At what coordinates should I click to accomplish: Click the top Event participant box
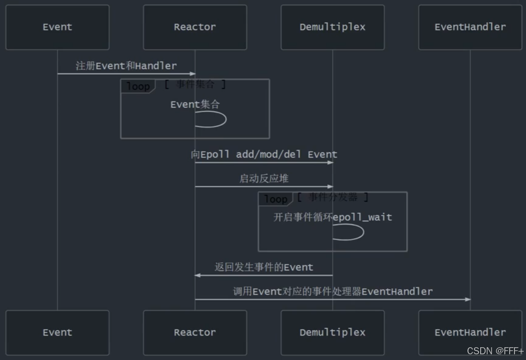[57, 27]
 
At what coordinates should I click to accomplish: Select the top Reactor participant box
[195, 27]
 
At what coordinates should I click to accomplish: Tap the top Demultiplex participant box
[332, 27]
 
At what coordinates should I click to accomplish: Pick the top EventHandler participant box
[470, 27]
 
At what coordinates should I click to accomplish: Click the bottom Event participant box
[57, 333]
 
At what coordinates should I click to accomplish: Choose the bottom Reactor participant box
[195, 333]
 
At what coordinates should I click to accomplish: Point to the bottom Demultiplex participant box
[332, 333]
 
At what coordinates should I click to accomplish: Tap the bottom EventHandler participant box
[470, 333]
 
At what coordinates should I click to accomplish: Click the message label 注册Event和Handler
[126, 66]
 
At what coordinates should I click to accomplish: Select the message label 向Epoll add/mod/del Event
[264, 155]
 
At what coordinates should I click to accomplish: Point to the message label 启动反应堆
[264, 178]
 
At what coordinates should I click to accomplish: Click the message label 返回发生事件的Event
[264, 267]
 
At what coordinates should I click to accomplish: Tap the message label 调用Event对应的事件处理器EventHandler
[332, 291]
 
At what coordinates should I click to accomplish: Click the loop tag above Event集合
[138, 87]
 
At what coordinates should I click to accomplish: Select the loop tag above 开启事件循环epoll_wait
[275, 199]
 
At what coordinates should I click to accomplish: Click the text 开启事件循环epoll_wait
[332, 217]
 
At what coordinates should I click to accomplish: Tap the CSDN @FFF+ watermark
[495, 351]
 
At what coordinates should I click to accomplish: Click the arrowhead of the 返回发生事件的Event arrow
[197, 275]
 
